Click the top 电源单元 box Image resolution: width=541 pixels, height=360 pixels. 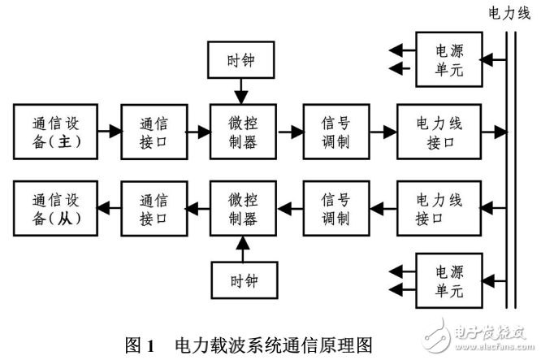click(448, 59)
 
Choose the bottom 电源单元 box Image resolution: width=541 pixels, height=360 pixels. click(448, 281)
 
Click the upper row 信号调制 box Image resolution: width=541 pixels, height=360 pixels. click(335, 131)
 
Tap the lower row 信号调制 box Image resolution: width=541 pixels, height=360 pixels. click(335, 209)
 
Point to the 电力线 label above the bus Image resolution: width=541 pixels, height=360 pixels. click(508, 13)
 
